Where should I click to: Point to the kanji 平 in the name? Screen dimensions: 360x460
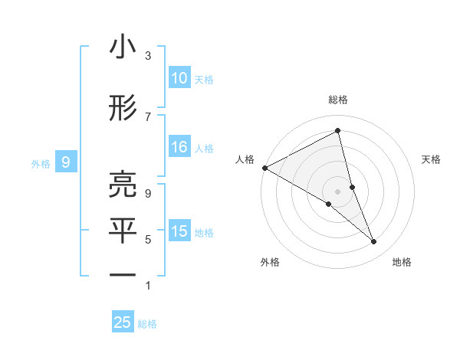[x=123, y=231]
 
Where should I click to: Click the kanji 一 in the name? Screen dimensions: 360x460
[x=123, y=274]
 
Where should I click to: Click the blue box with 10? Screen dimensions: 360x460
[x=179, y=78]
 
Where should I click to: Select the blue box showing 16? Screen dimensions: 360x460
[x=179, y=148]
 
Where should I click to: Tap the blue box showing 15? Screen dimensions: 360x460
[x=179, y=231]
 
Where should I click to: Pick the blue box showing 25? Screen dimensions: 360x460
[x=123, y=322]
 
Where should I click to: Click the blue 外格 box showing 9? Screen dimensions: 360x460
[x=66, y=162]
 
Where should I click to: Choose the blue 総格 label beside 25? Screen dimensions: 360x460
[x=147, y=324]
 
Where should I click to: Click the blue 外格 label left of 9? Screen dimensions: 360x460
[x=41, y=163]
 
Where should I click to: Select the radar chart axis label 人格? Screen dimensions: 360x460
[x=245, y=159]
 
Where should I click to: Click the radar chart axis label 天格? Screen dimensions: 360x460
[x=432, y=159]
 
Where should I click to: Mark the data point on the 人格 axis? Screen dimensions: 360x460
[x=264, y=168]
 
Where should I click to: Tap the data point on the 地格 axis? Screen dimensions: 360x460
[x=374, y=242]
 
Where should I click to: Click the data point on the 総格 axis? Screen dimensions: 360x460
[x=337, y=130]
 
